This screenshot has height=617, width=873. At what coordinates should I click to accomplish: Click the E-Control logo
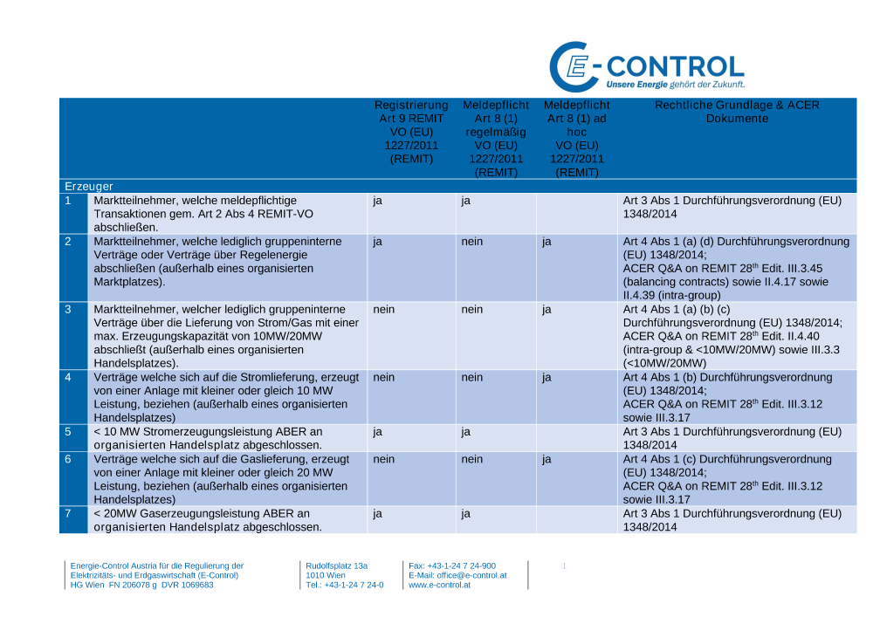pos(646,67)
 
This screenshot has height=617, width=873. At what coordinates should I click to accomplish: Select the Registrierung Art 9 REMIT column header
pos(411,138)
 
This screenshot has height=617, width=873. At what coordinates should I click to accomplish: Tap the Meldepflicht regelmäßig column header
pos(496,138)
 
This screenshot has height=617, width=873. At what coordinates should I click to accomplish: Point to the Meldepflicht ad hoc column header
pos(576,138)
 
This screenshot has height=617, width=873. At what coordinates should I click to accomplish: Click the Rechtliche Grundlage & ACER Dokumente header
pos(737,112)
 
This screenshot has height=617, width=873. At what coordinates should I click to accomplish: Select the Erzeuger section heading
pos(88,187)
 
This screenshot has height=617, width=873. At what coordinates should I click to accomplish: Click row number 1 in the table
pos(68,201)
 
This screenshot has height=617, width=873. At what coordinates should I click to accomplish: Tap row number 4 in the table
pos(68,377)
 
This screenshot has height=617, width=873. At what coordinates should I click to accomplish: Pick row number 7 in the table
pos(68,513)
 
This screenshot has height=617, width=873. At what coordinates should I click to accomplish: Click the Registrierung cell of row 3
pos(384,309)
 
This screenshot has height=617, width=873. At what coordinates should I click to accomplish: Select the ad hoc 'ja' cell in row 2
pos(546,242)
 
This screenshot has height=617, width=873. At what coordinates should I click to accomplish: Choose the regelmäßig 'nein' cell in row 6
pos(472,458)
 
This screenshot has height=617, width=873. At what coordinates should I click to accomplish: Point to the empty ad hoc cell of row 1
pos(576,213)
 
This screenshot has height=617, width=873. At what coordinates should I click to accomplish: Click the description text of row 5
pos(207,437)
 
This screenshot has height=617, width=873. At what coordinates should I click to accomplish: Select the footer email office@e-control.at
pos(457,575)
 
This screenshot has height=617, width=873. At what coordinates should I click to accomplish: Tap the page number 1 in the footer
pos(564,566)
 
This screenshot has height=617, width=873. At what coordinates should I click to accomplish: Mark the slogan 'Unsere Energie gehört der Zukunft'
pos(676,85)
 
